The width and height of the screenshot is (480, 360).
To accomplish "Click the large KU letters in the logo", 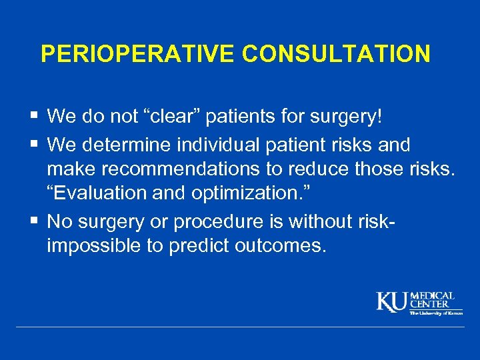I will click(x=393, y=301).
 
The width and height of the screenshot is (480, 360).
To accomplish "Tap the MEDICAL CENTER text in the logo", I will click(x=432, y=299).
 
